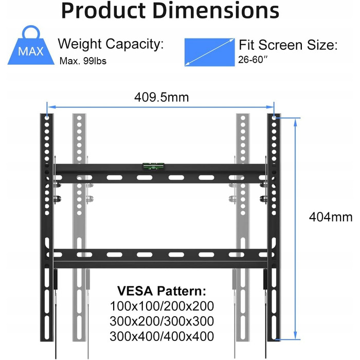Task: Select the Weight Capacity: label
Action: [110, 44]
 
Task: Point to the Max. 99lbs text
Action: [84, 61]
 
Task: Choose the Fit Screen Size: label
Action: [288, 45]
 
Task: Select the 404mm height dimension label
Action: [331, 217]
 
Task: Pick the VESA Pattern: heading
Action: [162, 290]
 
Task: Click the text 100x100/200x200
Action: [162, 306]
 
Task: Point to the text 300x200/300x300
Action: [162, 321]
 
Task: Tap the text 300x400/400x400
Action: [162, 337]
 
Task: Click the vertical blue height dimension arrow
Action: [296, 226]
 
